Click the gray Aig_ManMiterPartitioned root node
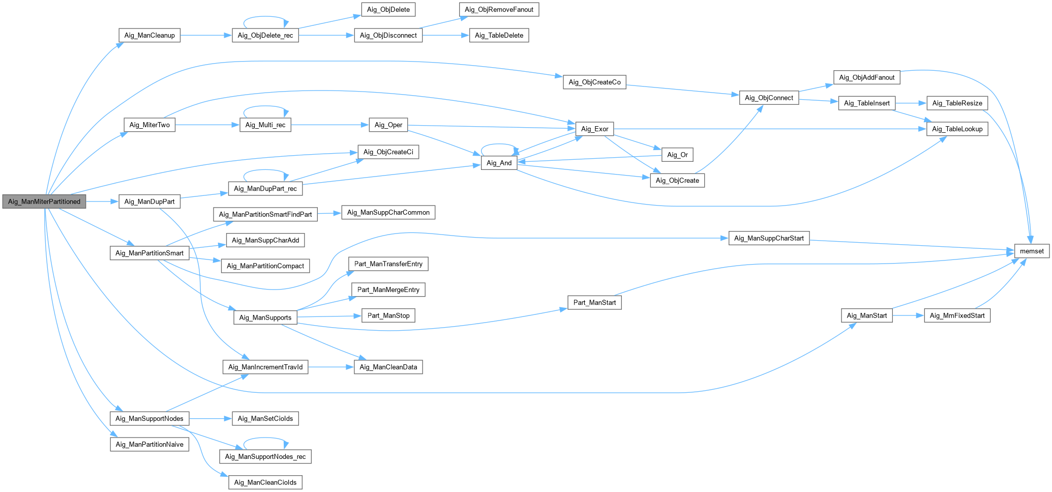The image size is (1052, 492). [44, 201]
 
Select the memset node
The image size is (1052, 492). [1032, 251]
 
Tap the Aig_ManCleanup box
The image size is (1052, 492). [149, 35]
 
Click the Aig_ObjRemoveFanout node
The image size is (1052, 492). [499, 9]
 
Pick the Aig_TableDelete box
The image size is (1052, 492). [499, 35]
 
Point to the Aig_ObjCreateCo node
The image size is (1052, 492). [594, 82]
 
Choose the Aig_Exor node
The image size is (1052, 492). [594, 129]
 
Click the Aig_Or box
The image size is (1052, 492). [677, 155]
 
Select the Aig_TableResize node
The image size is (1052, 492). [957, 103]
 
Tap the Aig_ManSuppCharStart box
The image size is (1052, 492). [769, 238]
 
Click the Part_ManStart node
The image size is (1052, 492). [594, 302]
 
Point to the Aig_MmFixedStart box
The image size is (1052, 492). [957, 315]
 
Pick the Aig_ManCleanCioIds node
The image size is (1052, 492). [265, 482]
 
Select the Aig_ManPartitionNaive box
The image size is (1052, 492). [149, 444]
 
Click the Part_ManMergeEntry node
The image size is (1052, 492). [388, 290]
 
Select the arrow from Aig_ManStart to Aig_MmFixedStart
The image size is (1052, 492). [908, 315]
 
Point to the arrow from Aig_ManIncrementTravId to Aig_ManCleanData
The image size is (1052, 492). [330, 367]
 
